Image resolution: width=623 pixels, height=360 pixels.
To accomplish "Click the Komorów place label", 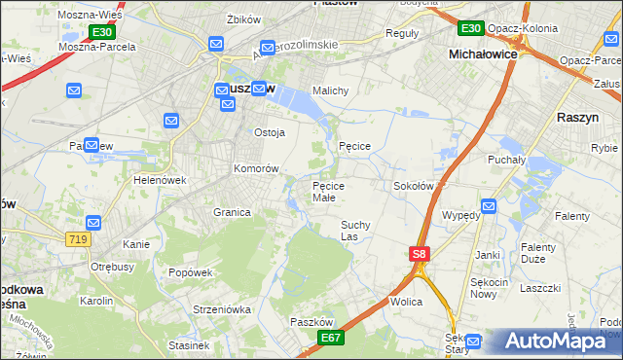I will click(x=256, y=168).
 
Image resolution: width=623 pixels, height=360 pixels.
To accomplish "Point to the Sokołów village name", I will click(x=413, y=185).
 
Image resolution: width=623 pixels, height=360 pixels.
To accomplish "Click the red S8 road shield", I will click(x=419, y=255).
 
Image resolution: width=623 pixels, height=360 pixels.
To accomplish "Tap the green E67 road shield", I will click(x=331, y=337).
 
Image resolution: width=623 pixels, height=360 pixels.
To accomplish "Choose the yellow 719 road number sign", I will click(x=80, y=239).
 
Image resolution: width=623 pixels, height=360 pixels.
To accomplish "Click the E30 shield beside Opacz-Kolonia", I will click(x=470, y=27).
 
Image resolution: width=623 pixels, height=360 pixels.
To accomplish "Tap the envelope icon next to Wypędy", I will click(x=489, y=206).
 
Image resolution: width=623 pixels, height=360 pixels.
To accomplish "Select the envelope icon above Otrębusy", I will click(x=93, y=222).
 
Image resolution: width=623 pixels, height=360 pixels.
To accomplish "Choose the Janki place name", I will click(x=488, y=255).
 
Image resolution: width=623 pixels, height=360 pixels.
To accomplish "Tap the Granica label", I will click(x=232, y=212).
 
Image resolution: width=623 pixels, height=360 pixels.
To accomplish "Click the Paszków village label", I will click(x=312, y=322).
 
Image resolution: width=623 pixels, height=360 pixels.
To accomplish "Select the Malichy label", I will click(x=330, y=91).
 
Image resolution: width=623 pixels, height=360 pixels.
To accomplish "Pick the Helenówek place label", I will click(x=160, y=180).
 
